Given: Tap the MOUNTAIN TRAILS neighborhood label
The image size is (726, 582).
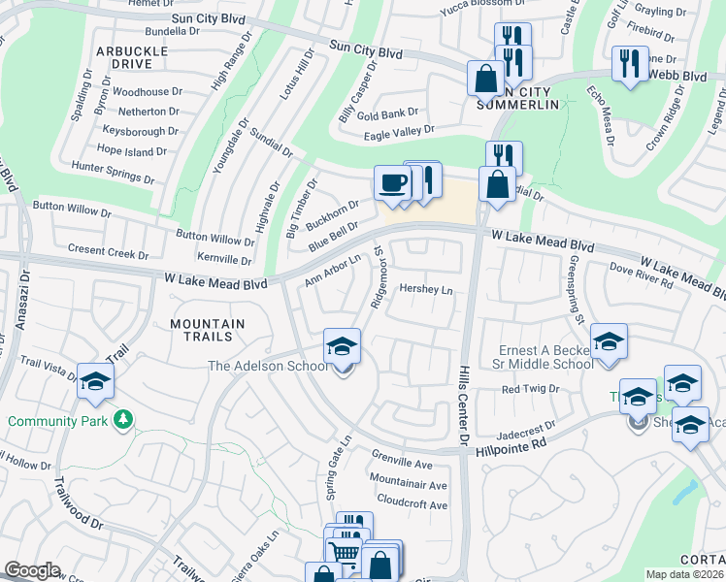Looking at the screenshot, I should click(201, 330).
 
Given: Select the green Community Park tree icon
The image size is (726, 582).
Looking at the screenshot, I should click(122, 420).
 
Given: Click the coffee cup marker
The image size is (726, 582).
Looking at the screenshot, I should click(393, 182).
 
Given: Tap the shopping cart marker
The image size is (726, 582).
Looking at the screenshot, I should click(346, 553).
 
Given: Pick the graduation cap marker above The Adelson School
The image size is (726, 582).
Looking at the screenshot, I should click(342, 346).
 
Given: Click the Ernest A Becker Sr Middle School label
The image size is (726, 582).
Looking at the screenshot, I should click(545, 356).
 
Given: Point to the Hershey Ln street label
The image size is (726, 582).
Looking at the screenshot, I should click(427, 290).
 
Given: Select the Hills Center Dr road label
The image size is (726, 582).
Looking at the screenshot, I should click(464, 407).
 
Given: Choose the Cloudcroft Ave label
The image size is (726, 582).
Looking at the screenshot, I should click(412, 504).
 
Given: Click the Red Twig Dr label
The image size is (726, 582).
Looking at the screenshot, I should click(530, 388).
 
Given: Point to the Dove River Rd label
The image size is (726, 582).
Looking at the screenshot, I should click(641, 275).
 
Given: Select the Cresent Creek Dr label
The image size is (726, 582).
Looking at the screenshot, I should click(108, 251).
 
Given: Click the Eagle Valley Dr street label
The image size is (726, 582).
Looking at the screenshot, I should click(398, 133).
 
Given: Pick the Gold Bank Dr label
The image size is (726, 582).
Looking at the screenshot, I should click(387, 114).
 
